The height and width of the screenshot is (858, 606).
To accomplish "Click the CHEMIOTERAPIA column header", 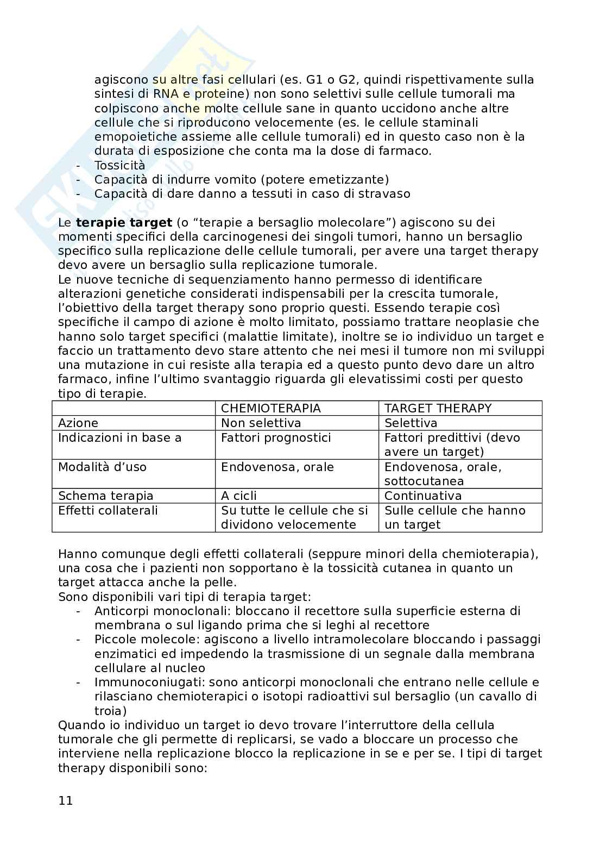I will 270,408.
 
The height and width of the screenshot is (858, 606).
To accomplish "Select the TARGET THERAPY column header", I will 438,408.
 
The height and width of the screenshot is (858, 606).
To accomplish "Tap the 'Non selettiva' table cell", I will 261,423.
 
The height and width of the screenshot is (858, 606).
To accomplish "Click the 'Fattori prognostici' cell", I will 275,437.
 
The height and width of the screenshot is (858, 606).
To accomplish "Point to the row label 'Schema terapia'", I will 105,496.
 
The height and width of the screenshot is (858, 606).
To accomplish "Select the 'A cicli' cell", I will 239,496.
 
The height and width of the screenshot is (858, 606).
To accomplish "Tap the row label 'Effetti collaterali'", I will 108,510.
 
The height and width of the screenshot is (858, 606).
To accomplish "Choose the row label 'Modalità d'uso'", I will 102,467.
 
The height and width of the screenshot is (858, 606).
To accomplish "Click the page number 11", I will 65,800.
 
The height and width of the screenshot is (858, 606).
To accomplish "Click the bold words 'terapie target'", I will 124,222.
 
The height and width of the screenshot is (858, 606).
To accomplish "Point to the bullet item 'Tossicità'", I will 119,165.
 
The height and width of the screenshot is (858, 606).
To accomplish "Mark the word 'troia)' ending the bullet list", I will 110,711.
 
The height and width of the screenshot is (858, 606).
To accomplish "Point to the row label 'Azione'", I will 78,423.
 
